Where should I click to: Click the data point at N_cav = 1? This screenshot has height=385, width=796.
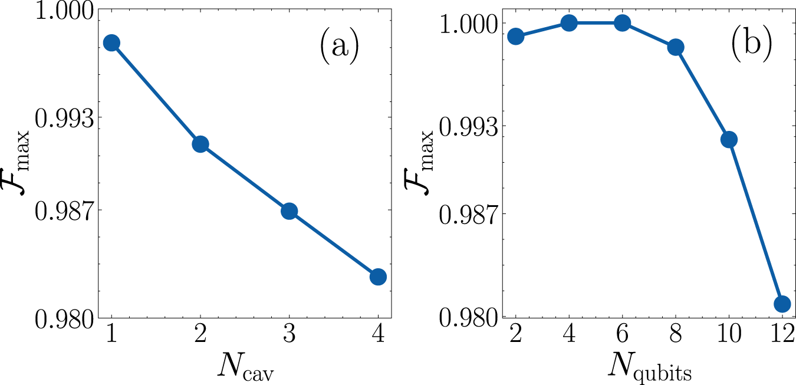[x=111, y=43]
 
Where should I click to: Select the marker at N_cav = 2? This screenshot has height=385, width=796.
[x=200, y=144]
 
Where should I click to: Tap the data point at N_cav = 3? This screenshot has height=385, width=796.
[x=289, y=211]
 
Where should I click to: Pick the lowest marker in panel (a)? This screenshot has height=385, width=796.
[x=378, y=277]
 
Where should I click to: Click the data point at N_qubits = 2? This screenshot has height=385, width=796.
[x=515, y=36]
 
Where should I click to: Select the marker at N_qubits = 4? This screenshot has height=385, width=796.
[x=569, y=23]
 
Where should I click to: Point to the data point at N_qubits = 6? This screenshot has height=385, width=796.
[x=622, y=23]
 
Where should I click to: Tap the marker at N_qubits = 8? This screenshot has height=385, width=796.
[x=676, y=47]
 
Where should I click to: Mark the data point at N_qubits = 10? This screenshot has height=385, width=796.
[x=729, y=139]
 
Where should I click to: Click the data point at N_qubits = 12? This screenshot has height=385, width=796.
[x=782, y=304]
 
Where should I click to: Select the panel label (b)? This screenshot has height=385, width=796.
[x=751, y=48]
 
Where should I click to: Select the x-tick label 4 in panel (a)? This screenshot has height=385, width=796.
[x=378, y=335]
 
